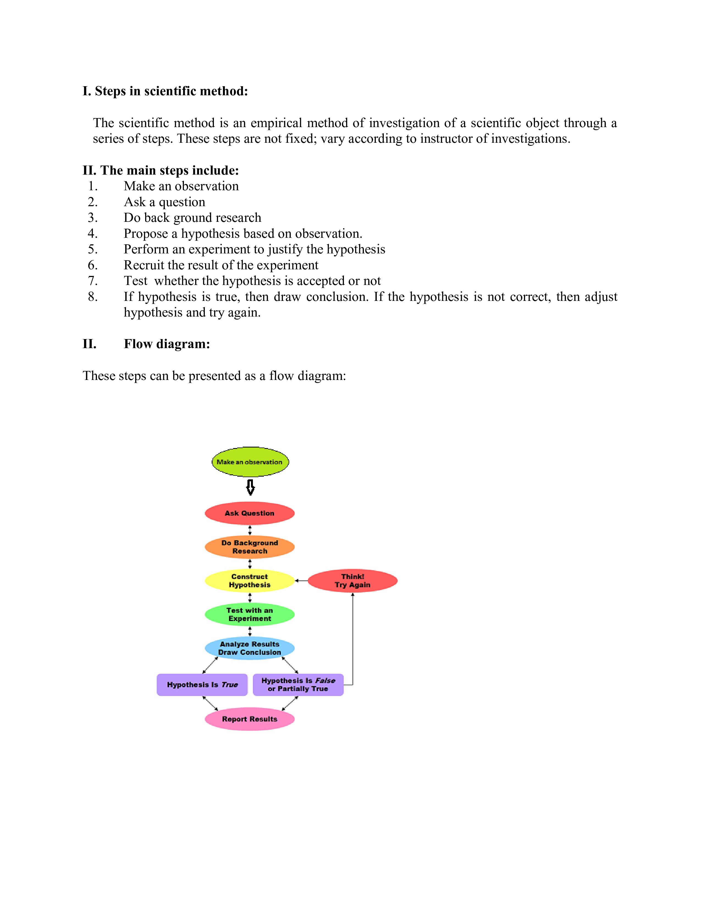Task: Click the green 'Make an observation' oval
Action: [250, 462]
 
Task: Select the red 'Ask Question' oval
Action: [250, 513]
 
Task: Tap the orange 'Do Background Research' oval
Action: [250, 547]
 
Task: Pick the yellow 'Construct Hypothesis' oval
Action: [250, 580]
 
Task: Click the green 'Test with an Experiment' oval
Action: [250, 614]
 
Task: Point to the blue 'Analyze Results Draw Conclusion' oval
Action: [250, 648]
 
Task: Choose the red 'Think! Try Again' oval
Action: [353, 580]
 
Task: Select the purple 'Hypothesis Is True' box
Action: [202, 684]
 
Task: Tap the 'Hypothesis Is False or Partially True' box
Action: [298, 684]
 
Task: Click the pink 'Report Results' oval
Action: [250, 719]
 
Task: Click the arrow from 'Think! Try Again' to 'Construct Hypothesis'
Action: [302, 581]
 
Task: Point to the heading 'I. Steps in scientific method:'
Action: [165, 91]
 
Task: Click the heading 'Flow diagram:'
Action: [167, 344]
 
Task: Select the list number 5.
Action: [93, 249]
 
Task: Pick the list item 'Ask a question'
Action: [164, 202]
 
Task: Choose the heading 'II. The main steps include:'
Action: [161, 170]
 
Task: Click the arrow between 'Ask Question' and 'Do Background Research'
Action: [250, 530]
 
